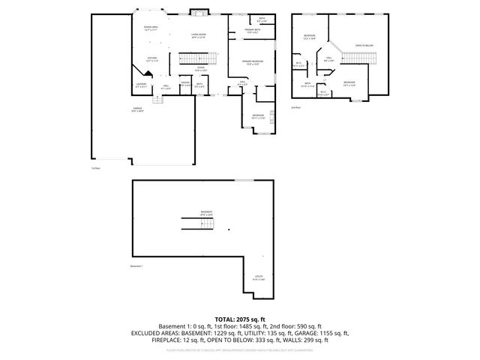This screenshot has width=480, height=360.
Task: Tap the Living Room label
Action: (x=198, y=35)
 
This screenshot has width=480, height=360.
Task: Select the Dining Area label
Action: (x=151, y=28)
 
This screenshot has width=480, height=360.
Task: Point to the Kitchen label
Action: (x=151, y=59)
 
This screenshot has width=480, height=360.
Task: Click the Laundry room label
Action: (x=140, y=85)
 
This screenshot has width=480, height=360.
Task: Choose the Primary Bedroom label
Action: (x=251, y=62)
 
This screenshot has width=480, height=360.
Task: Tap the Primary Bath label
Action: (x=251, y=31)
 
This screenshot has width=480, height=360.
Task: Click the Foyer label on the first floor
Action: (x=201, y=69)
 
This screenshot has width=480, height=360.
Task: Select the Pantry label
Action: (x=184, y=85)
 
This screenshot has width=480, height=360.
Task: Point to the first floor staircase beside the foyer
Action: (x=193, y=58)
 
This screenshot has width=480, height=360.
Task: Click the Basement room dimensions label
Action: (x=205, y=214)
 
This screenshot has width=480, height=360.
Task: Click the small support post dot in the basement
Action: (x=228, y=229)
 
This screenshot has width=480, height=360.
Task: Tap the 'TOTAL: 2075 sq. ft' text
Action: (x=239, y=319)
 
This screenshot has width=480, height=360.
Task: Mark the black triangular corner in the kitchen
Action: (x=148, y=73)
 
